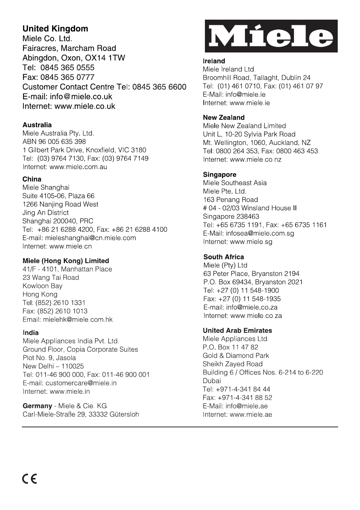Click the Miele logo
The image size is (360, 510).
point(271,36)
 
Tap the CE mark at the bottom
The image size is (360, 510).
point(29,479)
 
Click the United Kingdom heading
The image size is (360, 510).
point(55,29)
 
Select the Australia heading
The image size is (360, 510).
point(37,125)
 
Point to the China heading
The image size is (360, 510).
point(32,179)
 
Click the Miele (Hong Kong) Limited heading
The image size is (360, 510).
point(66,261)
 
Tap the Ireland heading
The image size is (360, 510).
point(214,61)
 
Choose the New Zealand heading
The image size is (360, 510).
point(223,118)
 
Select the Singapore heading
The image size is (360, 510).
point(220,175)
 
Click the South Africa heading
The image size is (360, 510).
point(223,257)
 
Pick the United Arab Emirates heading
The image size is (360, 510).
point(237,331)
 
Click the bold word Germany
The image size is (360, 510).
point(37,406)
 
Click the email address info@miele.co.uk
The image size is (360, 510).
point(81,97)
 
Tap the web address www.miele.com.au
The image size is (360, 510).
point(78,167)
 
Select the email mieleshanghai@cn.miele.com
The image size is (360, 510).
point(90,238)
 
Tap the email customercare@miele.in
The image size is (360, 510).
point(81,383)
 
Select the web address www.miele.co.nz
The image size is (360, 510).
point(255,159)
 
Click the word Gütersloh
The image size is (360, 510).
point(124,414)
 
